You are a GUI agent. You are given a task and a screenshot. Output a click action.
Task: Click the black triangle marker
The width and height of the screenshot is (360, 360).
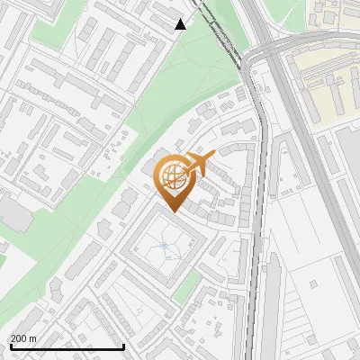(x=180, y=24)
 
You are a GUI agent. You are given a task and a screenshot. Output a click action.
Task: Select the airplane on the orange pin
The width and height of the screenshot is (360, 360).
(x=199, y=163)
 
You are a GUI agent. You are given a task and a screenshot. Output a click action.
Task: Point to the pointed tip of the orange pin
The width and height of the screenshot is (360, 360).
(x=171, y=211)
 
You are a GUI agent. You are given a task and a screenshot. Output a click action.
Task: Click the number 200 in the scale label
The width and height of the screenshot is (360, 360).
(x=20, y=338)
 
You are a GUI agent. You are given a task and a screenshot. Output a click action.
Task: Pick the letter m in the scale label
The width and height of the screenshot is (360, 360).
(x=33, y=338)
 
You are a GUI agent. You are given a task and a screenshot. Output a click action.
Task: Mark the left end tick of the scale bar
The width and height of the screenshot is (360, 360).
(x=10, y=346)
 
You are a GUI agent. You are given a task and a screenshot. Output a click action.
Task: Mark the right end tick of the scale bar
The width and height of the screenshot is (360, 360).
(x=123, y=346)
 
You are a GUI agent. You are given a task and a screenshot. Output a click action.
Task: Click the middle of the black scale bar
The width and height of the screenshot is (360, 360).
(x=67, y=347)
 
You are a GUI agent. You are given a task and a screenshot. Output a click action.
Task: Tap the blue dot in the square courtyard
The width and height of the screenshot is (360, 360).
(x=164, y=245)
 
